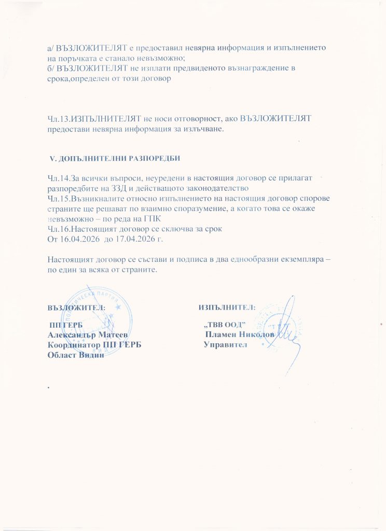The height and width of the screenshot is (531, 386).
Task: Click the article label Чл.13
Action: point(57,119)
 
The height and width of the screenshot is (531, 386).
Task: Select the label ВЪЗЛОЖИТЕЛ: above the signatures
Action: point(77,307)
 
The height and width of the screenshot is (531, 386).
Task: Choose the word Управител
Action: point(226,345)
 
